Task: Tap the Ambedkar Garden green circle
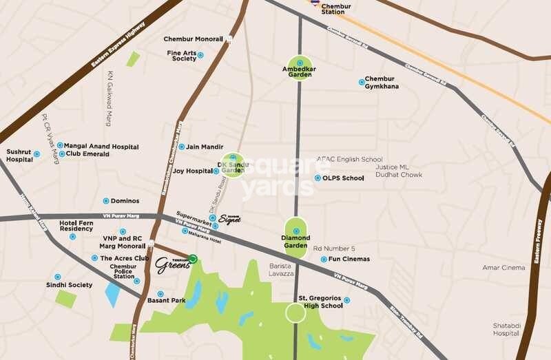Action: (300, 67)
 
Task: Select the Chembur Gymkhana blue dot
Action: (362, 83)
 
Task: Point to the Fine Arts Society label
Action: (181, 55)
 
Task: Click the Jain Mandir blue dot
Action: (182, 147)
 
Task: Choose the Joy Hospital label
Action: (192, 171)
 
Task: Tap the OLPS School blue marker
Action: (317, 178)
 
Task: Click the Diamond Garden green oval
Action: (296, 238)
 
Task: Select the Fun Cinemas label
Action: (349, 260)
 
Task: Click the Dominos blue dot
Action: (105, 201)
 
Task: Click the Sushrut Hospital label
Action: (19, 156)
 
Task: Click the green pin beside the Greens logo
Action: (194, 259)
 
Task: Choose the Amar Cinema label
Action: (503, 267)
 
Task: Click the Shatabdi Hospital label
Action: (506, 329)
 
